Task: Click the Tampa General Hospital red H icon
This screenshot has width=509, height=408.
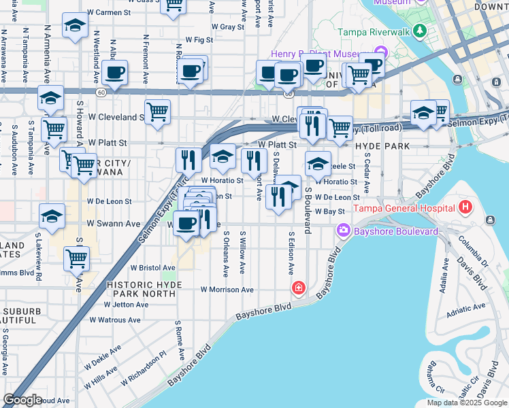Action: [465, 207]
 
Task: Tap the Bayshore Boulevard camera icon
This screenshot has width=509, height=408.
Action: [342, 232]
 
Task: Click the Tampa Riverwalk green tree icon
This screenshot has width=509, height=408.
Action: [420, 31]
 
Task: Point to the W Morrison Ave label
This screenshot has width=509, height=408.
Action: [227, 290]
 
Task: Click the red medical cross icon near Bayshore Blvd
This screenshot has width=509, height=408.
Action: [298, 288]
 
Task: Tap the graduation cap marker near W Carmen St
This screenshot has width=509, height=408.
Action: [74, 27]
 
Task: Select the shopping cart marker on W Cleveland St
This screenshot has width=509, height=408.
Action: [157, 112]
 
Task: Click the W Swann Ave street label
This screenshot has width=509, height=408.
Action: [114, 224]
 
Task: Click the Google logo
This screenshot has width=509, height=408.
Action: [22, 400]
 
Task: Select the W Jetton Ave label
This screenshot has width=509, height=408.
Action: [127, 305]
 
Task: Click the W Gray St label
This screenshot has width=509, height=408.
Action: [227, 27]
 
